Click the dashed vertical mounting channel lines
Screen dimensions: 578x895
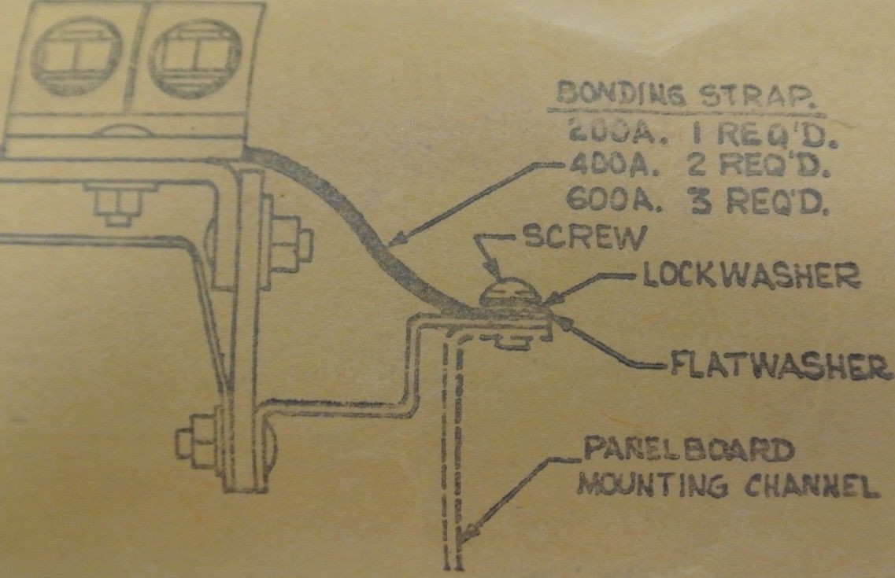click(x=453, y=440)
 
